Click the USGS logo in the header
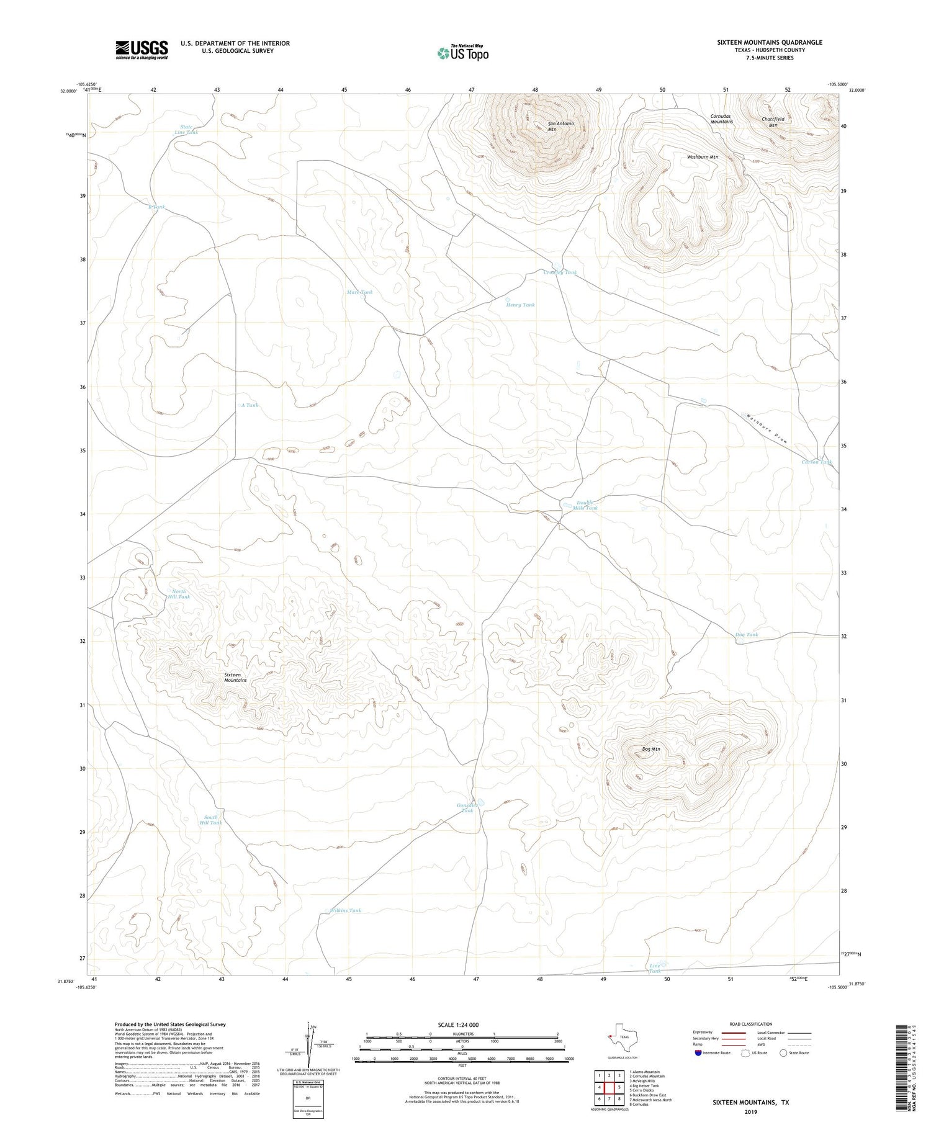pos(142,50)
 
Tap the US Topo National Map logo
pos(462,53)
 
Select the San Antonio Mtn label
pos(560,126)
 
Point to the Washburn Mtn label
pos(702,157)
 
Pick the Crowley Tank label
pos(560,272)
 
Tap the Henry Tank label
pos(520,305)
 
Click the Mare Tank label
pos(360,292)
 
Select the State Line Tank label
pos(186,129)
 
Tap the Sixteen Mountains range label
pos(235,677)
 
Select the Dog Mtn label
pos(651,749)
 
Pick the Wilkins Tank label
pos(345,910)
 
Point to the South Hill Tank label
pos(212,820)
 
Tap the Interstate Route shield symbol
pos(698,1053)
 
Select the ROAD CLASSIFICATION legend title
pos(750,1024)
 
